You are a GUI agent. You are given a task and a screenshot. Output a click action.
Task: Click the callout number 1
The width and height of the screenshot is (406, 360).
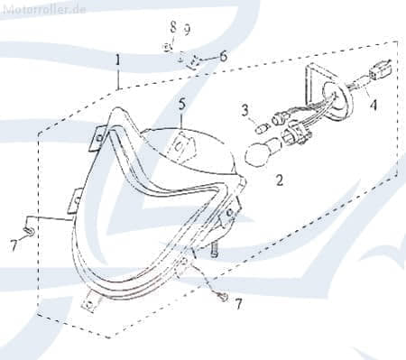point(118,60)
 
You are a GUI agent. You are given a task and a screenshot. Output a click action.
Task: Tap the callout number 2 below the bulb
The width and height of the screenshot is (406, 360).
point(280,180)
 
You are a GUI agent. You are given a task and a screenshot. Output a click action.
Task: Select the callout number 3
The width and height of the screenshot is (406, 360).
point(245,111)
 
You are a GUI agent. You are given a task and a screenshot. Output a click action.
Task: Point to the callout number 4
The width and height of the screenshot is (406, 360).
point(373,105)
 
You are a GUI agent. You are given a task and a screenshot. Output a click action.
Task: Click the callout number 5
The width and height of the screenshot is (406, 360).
point(182,104)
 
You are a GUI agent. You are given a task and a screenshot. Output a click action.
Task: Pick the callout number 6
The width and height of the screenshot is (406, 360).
point(223,56)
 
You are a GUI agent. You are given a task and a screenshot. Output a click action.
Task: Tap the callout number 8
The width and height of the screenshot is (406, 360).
point(173,28)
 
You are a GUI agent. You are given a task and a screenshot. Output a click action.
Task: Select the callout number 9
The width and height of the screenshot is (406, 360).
point(188,29)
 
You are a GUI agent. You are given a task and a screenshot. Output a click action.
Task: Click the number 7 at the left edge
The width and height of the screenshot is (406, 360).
point(14,246)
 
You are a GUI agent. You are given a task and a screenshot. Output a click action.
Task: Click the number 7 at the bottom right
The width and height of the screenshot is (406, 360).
point(238,305)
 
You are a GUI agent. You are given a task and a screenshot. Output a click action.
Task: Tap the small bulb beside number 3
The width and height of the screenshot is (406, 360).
point(260,129)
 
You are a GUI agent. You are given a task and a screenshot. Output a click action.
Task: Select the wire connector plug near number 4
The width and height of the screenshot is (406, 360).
point(381,69)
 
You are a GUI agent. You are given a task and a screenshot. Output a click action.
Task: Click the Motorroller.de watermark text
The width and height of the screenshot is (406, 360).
point(44,10)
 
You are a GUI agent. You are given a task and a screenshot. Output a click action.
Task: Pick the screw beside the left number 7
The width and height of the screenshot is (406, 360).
point(30,231)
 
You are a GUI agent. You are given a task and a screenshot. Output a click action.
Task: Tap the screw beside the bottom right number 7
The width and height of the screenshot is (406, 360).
point(223,297)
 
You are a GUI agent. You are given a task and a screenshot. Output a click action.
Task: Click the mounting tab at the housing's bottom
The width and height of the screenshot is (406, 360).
point(90,302)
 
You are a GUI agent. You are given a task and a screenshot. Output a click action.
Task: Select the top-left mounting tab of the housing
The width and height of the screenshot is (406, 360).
point(97,138)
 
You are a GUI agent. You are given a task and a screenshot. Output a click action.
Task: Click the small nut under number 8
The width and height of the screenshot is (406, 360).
point(167,47)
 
